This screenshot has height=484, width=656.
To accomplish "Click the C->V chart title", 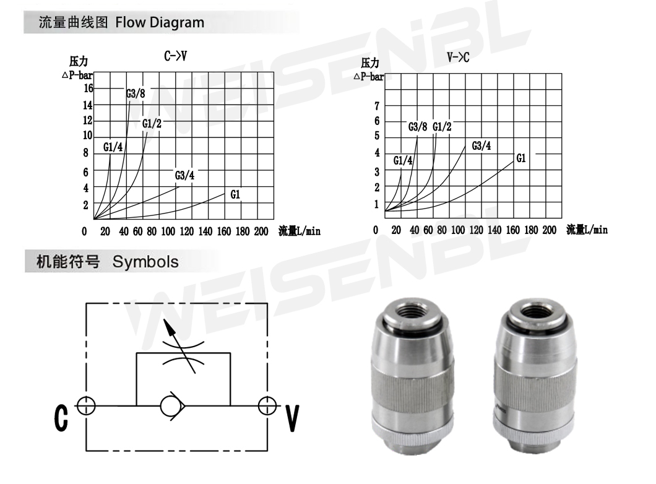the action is [175, 56].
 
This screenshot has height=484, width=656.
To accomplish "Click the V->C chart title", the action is [458, 58].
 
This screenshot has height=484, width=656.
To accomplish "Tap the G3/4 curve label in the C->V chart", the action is [184, 175].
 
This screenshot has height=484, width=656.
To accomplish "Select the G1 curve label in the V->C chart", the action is [521, 158].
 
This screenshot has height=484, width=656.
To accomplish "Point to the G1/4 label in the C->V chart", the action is [113, 147].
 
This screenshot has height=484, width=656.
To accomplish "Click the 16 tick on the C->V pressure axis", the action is [88, 89].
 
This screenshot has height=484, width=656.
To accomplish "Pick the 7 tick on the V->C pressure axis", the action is [377, 106].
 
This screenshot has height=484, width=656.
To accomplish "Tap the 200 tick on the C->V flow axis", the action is [261, 231].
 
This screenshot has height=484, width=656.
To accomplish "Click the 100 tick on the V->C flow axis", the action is [458, 230].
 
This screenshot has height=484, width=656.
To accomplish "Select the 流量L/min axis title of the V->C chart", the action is [587, 229].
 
